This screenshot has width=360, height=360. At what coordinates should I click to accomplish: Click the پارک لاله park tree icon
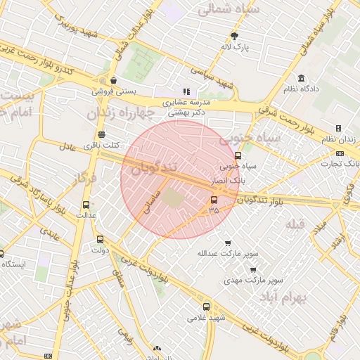click(235, 36)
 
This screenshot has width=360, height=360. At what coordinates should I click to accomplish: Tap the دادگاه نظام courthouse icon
click(302, 78)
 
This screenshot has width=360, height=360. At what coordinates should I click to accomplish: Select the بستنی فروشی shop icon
click(113, 80)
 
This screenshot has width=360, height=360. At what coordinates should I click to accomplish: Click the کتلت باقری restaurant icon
click(102, 134)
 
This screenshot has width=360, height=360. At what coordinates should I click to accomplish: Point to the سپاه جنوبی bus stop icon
click(238, 156)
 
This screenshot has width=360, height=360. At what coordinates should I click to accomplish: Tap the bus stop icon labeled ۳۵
click(213, 199)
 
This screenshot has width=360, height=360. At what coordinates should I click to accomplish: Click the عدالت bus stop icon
click(85, 204)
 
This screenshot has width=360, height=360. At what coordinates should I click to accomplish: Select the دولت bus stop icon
click(99, 239)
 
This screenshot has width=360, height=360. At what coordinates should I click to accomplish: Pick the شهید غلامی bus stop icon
click(206, 307)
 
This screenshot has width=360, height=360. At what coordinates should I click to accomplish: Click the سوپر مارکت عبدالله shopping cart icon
click(227, 243)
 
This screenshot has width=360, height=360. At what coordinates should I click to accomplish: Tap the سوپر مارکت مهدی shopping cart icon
click(253, 269)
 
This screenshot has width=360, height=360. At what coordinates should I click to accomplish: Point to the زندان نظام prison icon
click(338, 129)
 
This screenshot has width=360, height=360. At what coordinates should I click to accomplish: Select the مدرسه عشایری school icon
click(186, 91)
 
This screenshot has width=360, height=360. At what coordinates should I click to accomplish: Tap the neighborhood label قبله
click(295, 224)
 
